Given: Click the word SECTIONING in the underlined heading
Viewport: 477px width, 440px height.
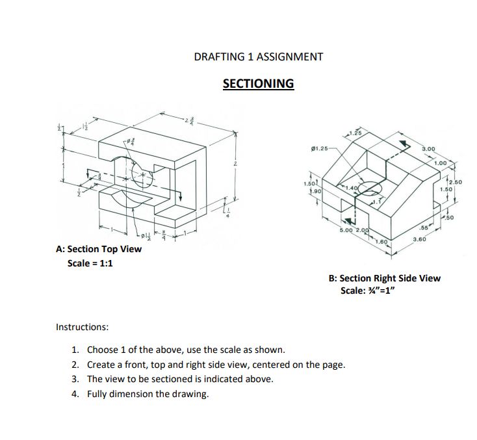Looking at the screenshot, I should pos(258,84).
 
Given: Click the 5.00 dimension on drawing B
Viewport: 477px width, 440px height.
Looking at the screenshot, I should pos(346,231).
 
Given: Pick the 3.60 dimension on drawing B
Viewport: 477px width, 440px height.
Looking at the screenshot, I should pos(420,240).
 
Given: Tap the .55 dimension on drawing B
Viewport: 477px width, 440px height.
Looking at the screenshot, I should pos(424,228).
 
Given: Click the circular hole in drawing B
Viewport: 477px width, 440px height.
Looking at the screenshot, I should pos(367,189).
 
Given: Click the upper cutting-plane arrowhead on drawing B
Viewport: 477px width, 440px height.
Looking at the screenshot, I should pos(403,144).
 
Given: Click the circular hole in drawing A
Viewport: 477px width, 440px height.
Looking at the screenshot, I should pos(142,174).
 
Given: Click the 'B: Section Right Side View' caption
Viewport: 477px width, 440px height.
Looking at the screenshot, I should pos(384,278).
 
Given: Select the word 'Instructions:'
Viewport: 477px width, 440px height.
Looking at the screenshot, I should pos(83,326).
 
